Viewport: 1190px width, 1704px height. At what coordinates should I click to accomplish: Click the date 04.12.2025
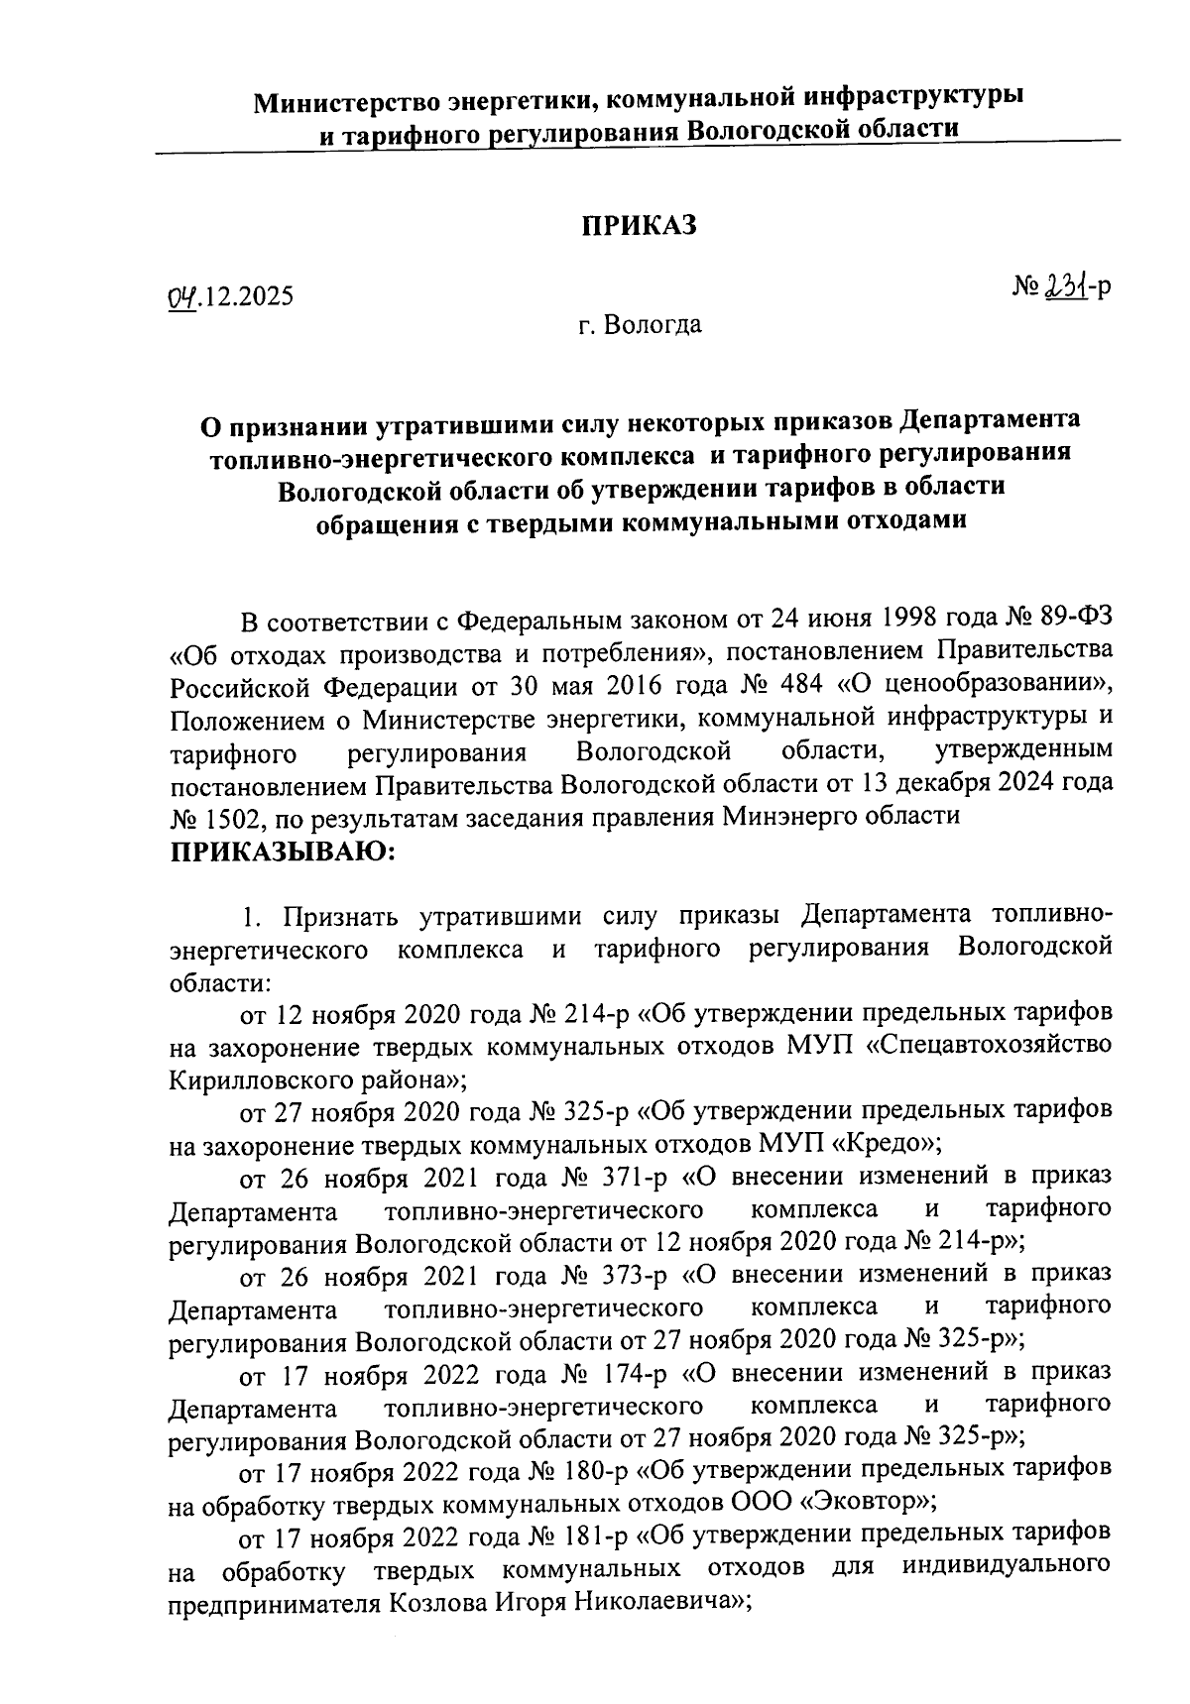point(230,296)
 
